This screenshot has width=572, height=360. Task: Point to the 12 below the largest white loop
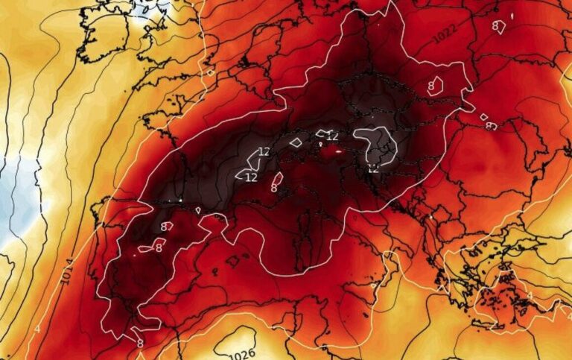point(372,169)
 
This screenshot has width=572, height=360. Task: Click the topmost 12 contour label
point(332,136)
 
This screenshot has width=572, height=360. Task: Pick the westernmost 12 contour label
point(251,177)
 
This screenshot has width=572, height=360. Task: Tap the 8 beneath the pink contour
point(274,188)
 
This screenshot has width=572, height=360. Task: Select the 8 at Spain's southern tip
point(139,344)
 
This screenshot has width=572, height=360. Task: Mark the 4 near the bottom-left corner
point(36,329)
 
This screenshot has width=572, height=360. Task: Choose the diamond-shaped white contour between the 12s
point(296,142)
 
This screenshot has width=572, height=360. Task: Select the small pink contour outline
point(277,179)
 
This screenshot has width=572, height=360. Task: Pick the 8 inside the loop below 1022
point(430,86)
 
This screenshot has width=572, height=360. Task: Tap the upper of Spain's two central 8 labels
point(164,227)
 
